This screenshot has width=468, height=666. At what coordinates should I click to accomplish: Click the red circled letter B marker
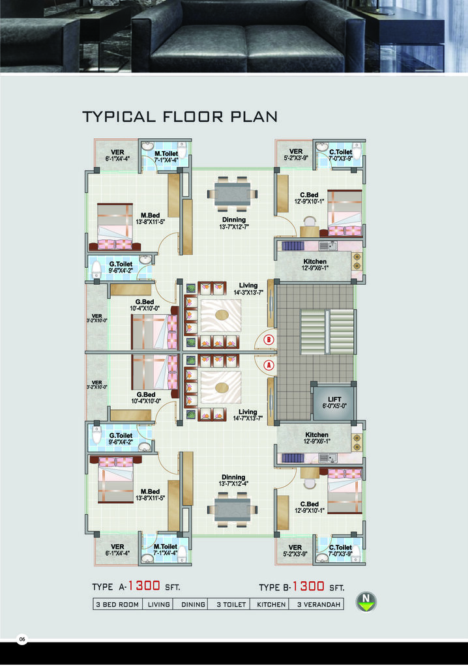(x=269, y=340)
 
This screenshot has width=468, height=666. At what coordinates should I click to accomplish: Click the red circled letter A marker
(x=269, y=365)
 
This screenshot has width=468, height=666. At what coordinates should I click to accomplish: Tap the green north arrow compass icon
(x=366, y=601)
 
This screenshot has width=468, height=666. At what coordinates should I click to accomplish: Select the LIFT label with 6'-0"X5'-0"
(x=334, y=402)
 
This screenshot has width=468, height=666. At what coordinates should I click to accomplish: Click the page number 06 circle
(x=22, y=639)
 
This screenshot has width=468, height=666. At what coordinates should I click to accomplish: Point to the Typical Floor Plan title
(x=180, y=117)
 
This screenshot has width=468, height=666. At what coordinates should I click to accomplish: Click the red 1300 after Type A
(x=144, y=586)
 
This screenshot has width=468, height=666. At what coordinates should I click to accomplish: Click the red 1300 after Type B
(x=309, y=586)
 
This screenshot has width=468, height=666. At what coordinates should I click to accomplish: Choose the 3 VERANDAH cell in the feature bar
(x=316, y=604)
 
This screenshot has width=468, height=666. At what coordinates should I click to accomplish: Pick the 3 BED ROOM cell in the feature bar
(x=117, y=604)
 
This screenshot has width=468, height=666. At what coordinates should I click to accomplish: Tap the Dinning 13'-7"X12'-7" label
(x=233, y=223)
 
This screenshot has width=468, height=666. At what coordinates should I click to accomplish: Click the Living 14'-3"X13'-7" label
(x=248, y=289)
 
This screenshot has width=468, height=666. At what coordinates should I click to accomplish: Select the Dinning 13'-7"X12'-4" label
(x=233, y=480)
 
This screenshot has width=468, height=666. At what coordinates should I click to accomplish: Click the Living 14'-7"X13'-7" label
(x=248, y=415)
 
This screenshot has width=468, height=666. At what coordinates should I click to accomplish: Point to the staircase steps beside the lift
(x=327, y=331)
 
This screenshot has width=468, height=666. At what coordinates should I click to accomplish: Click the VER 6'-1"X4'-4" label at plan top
(x=117, y=156)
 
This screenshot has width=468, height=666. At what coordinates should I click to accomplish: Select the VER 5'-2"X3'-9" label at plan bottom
(x=295, y=551)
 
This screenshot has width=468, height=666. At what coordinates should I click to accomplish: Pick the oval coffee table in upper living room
(x=221, y=315)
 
